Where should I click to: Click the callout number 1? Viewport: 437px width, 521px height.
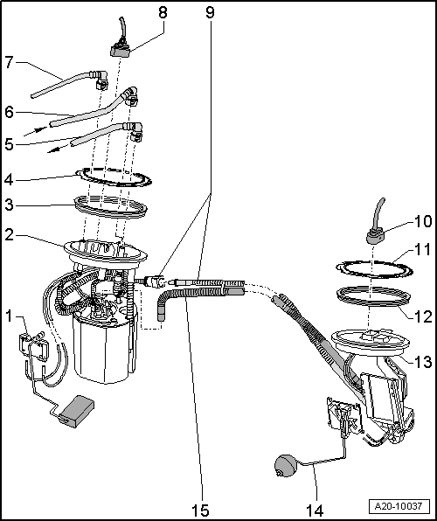(x=9, y=314)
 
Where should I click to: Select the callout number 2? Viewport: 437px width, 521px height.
(x=10, y=236)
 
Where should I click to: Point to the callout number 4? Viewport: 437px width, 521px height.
(x=10, y=179)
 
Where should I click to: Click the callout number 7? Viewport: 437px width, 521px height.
(x=10, y=64)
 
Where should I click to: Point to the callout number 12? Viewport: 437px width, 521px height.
(x=422, y=309)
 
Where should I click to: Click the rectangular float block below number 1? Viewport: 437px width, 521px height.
(x=77, y=409)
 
